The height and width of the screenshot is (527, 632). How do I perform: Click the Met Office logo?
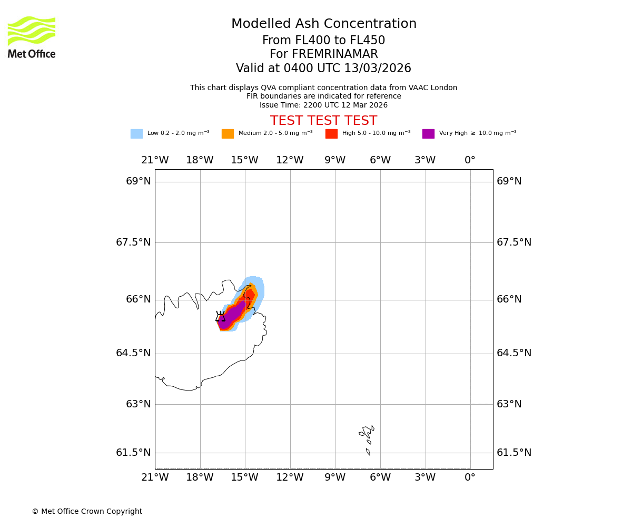[x=32, y=37]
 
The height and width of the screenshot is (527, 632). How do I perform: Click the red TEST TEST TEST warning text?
[x=323, y=121]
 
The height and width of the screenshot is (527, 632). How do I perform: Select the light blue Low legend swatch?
[x=136, y=134]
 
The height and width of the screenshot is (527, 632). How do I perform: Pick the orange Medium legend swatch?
[x=228, y=134]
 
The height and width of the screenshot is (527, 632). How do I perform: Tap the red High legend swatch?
[x=331, y=134]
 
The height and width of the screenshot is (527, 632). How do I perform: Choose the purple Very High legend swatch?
[x=428, y=134]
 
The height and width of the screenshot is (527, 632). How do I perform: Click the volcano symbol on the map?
[x=220, y=316]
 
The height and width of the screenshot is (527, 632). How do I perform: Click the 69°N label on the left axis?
[x=139, y=181]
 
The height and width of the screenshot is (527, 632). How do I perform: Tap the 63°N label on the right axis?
[x=509, y=404]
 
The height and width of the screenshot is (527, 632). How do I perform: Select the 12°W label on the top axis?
[x=290, y=160]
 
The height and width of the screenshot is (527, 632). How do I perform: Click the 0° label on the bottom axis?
[x=470, y=477]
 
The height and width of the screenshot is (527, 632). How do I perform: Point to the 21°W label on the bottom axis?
[x=155, y=477]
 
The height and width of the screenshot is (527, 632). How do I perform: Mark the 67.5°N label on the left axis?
[x=133, y=242]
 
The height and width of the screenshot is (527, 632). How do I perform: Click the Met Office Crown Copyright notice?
[x=87, y=511]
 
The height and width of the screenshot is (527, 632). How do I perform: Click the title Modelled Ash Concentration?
[x=323, y=24]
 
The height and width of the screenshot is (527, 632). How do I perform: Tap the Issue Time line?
[x=323, y=105]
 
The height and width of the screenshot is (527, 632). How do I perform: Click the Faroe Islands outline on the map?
[x=367, y=435]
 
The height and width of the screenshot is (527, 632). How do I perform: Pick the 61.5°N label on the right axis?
[x=514, y=453]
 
